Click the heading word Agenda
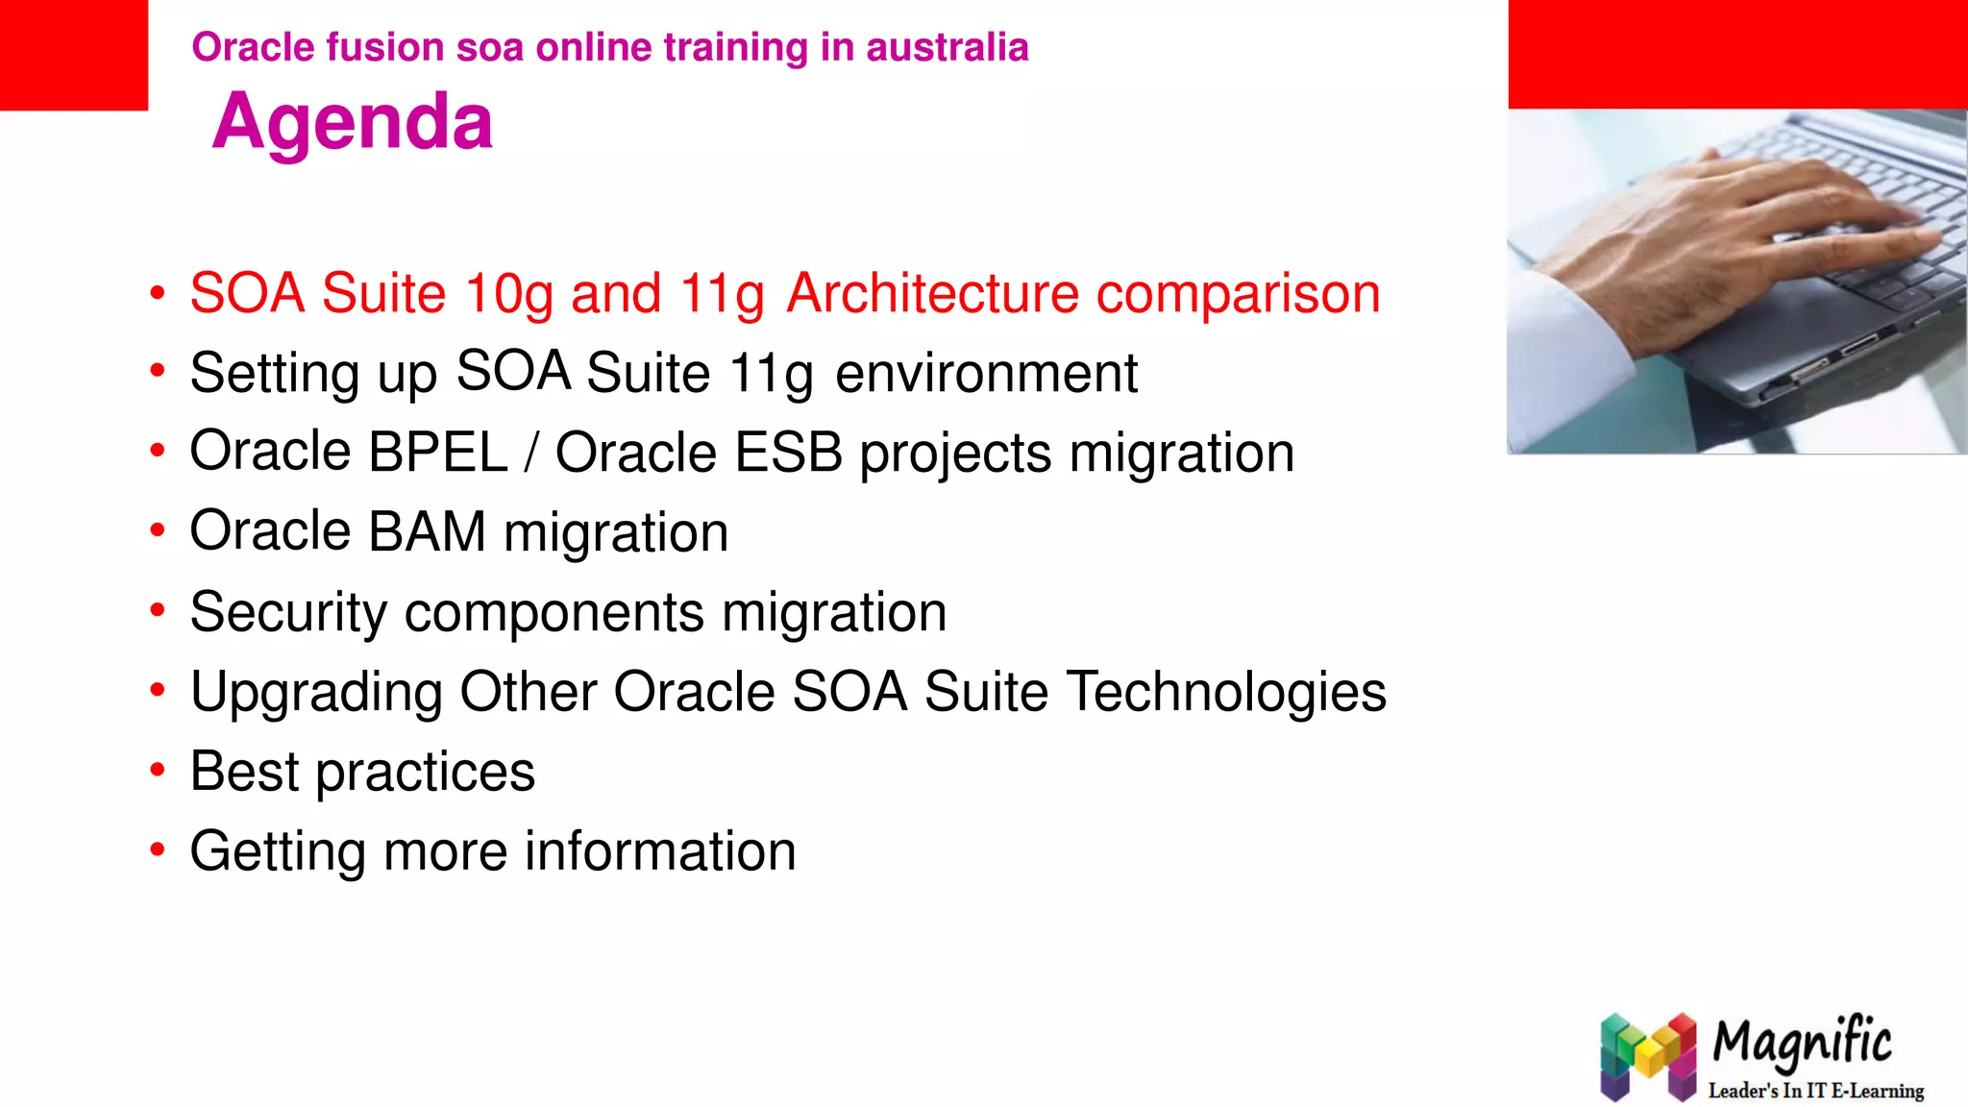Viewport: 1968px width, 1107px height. (353, 122)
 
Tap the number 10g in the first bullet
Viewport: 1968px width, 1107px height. (508, 294)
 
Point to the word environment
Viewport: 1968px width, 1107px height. (986, 373)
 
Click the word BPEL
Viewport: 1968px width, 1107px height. (437, 452)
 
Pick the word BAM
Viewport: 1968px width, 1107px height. (427, 531)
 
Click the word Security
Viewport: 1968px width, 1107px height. (288, 612)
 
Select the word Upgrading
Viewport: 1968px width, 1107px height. (316, 693)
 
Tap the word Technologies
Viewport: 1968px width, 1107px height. (1226, 692)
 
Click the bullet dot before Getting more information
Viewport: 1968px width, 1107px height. (158, 849)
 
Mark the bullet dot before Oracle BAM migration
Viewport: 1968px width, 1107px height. (158, 530)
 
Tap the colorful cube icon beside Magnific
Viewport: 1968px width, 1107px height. (1648, 1057)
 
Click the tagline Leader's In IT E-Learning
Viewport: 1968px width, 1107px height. (1815, 1091)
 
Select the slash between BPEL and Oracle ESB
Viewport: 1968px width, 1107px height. (531, 453)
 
